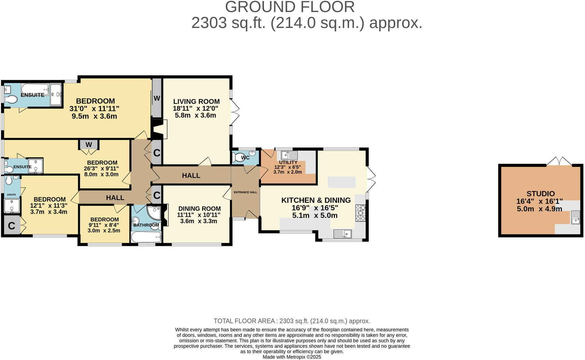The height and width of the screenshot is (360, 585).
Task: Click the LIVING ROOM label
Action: [196, 101]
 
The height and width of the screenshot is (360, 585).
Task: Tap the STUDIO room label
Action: [540, 193]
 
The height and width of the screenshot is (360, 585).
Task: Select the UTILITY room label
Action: [288, 162]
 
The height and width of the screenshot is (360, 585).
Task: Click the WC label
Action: [245, 158]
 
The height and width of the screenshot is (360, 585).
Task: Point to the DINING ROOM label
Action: [199, 208]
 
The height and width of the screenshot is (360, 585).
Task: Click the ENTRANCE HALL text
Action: [245, 192]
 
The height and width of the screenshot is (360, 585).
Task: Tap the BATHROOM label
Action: [146, 225]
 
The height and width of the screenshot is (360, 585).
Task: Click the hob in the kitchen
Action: [360, 213]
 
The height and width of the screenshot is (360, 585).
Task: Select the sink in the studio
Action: [575, 217]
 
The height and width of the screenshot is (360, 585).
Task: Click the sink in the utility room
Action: [289, 155]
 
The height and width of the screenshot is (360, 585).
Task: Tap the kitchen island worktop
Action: [341, 182]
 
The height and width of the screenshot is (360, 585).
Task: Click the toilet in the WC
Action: [238, 158]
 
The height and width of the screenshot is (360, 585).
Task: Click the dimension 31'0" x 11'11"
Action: [94, 109]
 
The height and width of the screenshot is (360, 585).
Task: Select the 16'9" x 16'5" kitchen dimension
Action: [315, 208]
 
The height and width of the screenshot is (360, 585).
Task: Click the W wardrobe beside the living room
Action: [157, 98]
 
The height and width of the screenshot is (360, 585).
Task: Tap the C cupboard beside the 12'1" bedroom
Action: [12, 226]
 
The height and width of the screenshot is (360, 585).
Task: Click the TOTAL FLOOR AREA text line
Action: [292, 321]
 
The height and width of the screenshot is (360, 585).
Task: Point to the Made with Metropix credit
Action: [292, 357]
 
